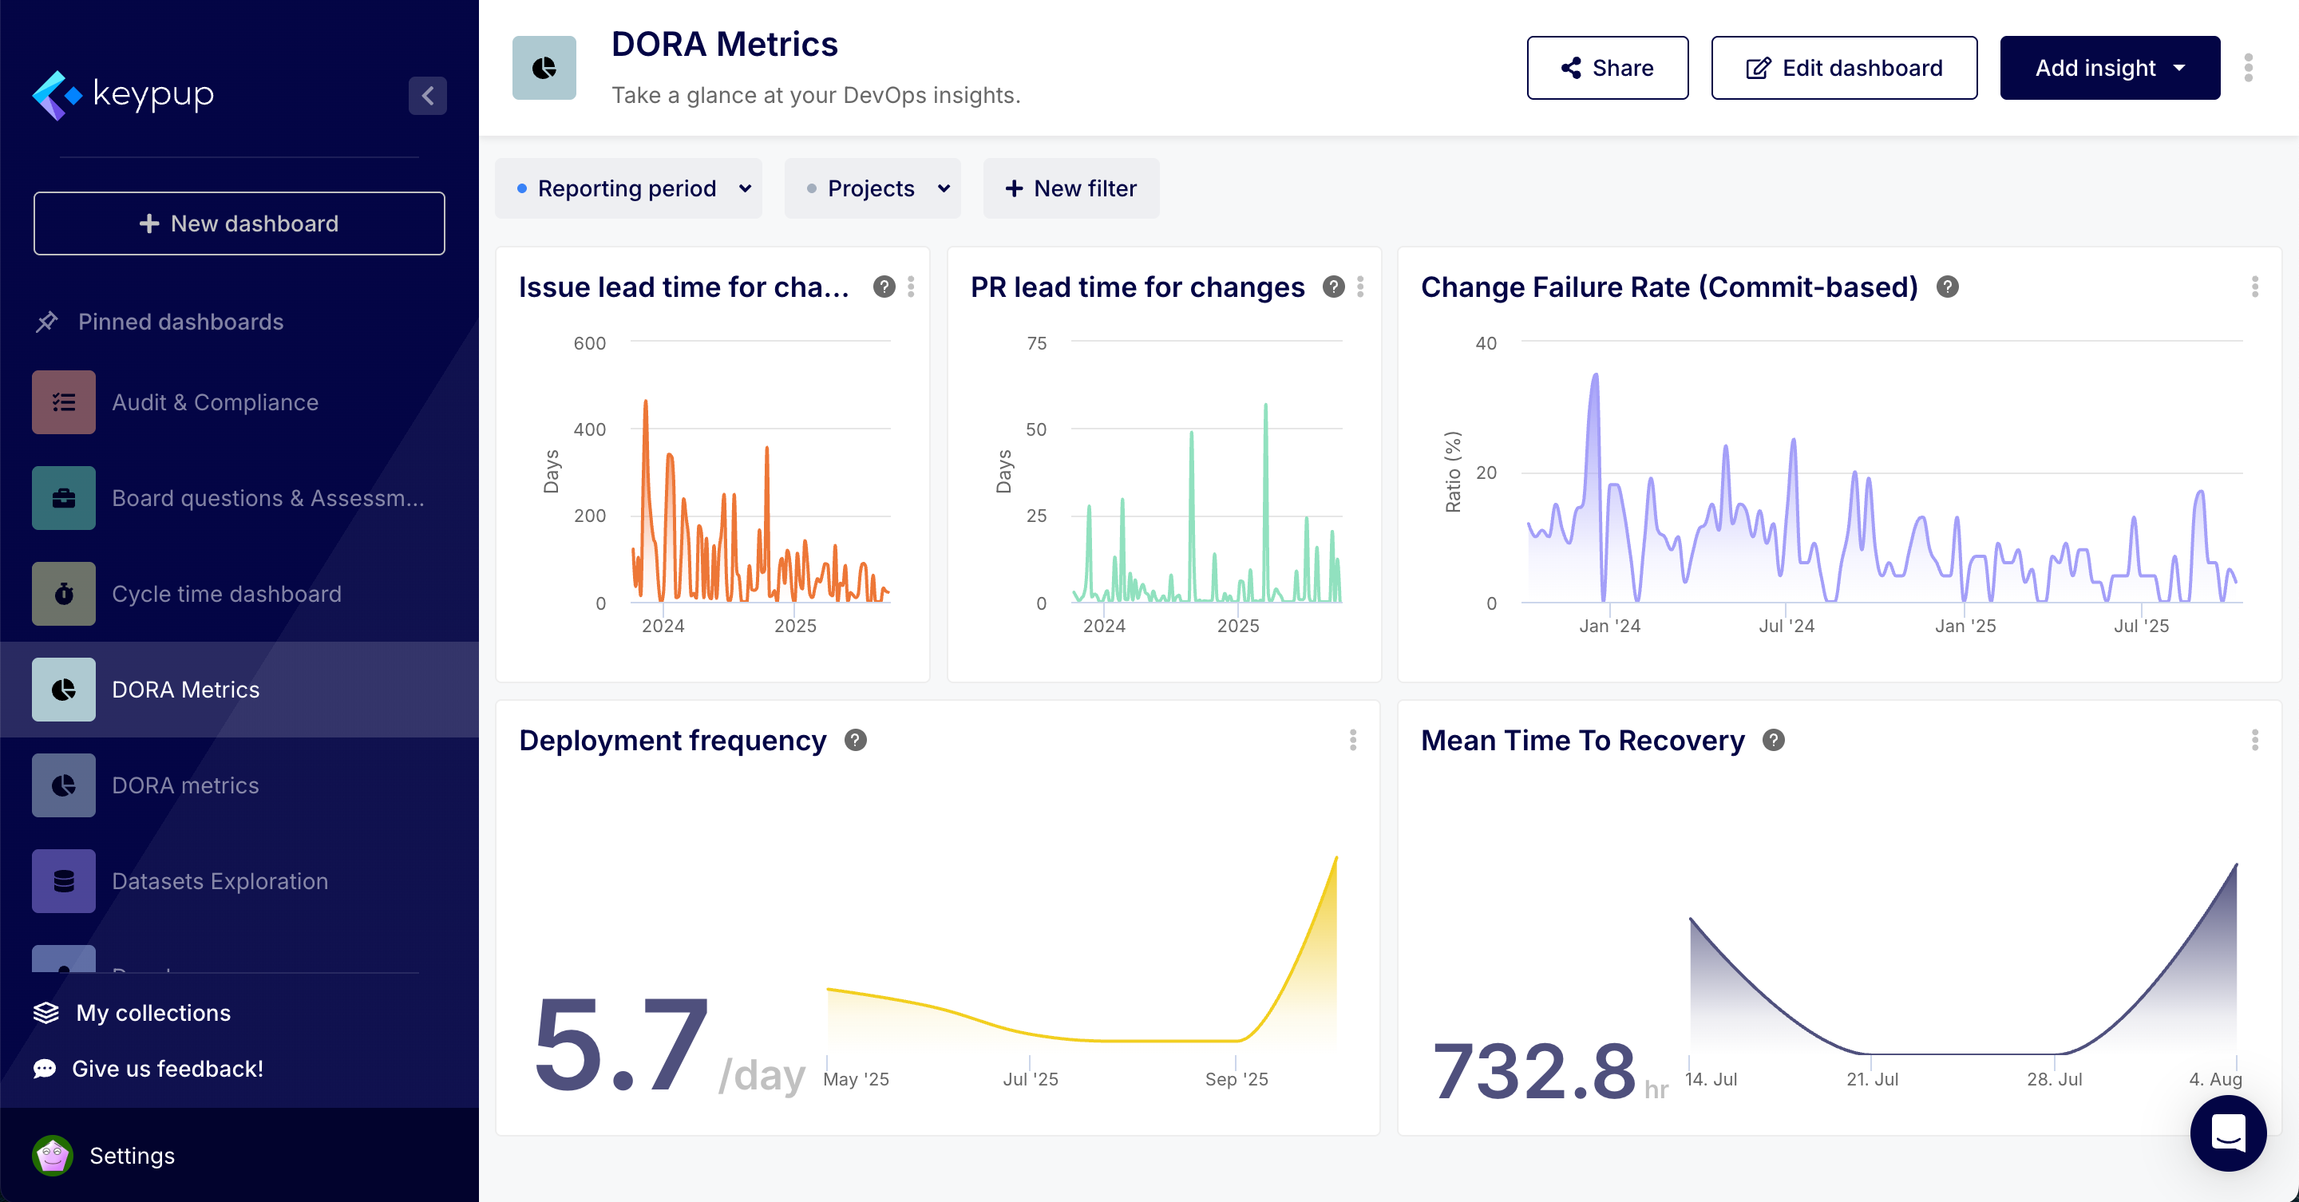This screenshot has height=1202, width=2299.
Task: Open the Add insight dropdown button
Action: pos(2109,68)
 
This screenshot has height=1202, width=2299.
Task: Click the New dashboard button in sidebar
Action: pos(239,223)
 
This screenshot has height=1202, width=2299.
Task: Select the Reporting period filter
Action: pos(628,188)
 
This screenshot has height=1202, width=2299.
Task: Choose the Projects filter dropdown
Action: pos(872,188)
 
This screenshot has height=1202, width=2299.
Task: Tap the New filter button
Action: pos(1071,188)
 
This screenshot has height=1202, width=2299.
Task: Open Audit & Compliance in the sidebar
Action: pos(214,402)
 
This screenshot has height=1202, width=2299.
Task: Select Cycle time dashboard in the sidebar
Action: pos(226,595)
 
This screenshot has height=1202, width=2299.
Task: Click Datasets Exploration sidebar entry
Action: pos(220,882)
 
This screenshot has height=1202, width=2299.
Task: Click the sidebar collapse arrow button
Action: pos(428,96)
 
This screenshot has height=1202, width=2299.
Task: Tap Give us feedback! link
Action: pos(167,1069)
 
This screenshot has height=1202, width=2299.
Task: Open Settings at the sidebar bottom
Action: pos(131,1156)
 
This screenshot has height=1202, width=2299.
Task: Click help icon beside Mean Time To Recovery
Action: pos(1773,740)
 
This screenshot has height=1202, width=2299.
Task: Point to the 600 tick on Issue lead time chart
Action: pos(589,343)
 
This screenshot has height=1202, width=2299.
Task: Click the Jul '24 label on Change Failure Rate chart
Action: pos(1786,627)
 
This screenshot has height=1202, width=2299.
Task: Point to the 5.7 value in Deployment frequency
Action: pos(621,1045)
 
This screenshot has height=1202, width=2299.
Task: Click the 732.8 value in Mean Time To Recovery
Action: pos(1533,1071)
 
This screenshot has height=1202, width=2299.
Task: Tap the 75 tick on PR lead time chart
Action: pos(1036,343)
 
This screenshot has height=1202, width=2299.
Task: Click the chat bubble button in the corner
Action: pos(2228,1133)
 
